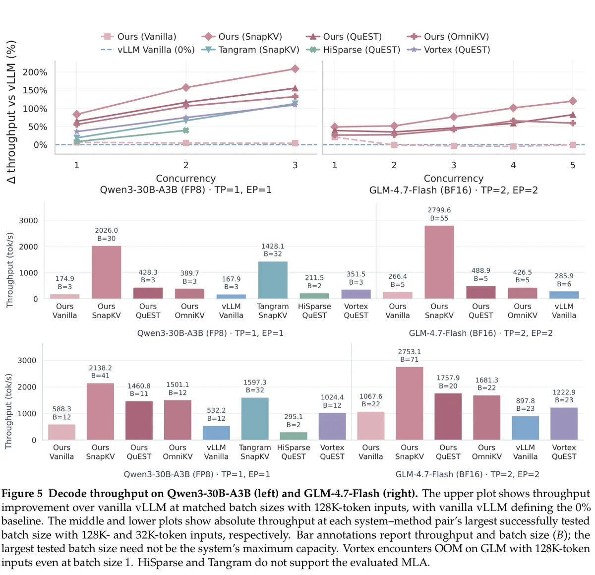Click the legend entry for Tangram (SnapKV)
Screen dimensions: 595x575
coord(250,50)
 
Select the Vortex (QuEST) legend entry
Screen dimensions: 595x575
coord(448,50)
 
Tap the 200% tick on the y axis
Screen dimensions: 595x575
coord(35,72)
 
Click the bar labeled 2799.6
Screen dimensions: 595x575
coord(439,262)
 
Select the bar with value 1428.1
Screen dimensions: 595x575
coord(272,280)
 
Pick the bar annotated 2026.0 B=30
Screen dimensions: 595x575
coord(106,272)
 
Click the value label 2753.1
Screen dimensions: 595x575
coord(409,351)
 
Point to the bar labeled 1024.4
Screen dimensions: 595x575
coord(332,426)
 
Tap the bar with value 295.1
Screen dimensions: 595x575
coord(294,436)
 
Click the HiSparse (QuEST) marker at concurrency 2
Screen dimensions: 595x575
coord(185,130)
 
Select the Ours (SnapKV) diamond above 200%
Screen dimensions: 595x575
coord(295,69)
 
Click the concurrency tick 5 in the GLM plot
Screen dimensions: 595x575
coord(572,165)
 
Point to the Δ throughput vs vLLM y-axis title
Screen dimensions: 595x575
coord(11,112)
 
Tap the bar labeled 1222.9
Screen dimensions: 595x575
coord(564,424)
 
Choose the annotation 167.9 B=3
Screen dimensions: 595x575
coord(231,283)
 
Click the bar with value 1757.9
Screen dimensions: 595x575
coord(448,417)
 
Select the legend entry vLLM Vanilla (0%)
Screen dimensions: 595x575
coord(148,50)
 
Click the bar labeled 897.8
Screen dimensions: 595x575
coord(525,428)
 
